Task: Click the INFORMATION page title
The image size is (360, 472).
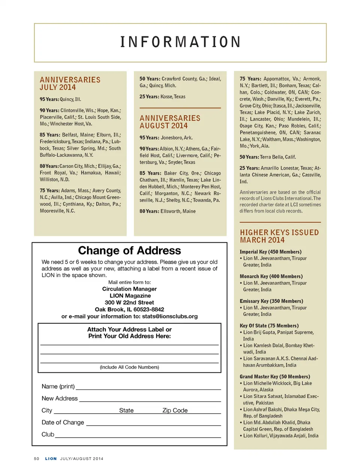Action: pyautogui.click(x=180, y=42)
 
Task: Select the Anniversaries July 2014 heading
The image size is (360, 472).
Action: pyautogui.click(x=70, y=84)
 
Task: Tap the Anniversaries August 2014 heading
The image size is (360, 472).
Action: pyautogui.click(x=170, y=122)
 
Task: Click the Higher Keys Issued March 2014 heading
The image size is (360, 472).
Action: pyautogui.click(x=279, y=236)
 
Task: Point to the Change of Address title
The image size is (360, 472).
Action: pyautogui.click(x=129, y=250)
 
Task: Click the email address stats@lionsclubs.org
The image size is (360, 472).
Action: pyautogui.click(x=170, y=316)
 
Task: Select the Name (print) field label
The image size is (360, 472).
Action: pyautogui.click(x=58, y=386)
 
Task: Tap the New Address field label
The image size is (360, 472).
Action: pyautogui.click(x=60, y=398)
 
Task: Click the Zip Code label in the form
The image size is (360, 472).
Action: pyautogui.click(x=175, y=410)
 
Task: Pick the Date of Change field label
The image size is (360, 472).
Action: pyautogui.click(x=63, y=422)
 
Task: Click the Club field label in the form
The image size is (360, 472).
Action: pyautogui.click(x=48, y=434)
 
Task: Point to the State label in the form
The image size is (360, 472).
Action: pyautogui.click(x=126, y=410)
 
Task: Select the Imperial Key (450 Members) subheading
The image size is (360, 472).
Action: pyautogui.click(x=270, y=252)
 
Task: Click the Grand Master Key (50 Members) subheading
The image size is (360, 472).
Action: pyautogui.click(x=275, y=376)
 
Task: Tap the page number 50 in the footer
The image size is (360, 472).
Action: pyautogui.click(x=36, y=459)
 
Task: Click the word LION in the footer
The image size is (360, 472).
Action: pyautogui.click(x=51, y=459)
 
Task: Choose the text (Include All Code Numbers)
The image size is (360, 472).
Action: pyautogui.click(x=129, y=367)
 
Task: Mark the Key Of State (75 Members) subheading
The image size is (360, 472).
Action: pyautogui.click(x=269, y=326)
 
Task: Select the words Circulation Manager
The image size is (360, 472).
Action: pyautogui.click(x=129, y=289)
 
